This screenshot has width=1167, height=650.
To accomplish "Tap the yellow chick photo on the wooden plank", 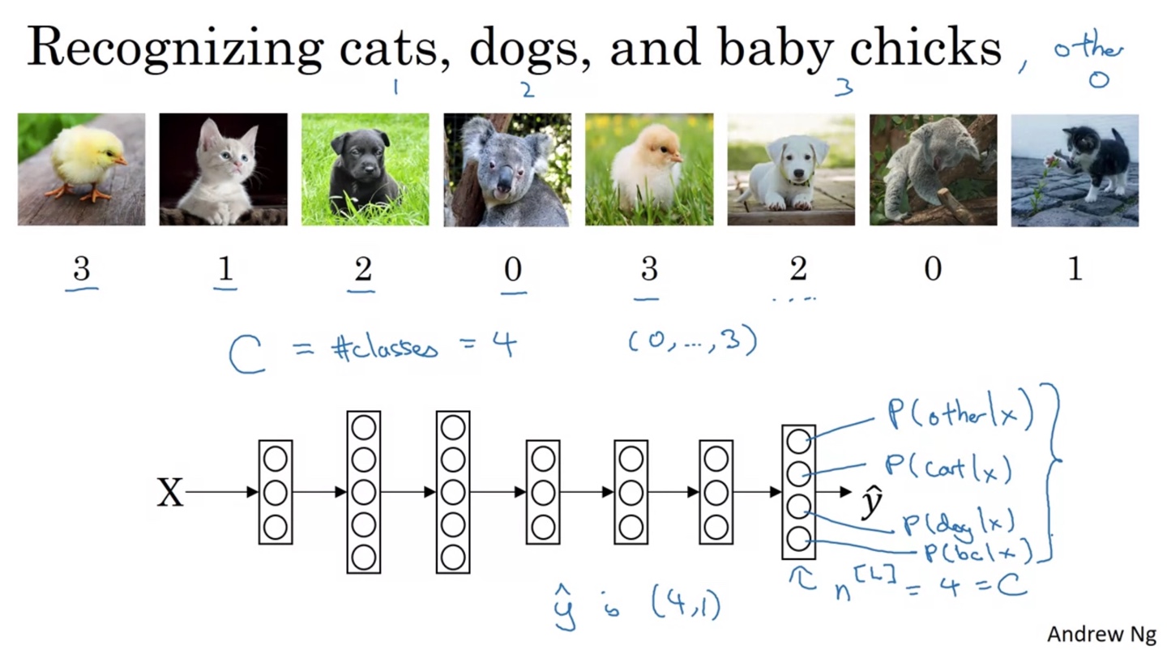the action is (x=82, y=169).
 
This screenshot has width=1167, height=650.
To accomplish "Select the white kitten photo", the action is (x=223, y=169).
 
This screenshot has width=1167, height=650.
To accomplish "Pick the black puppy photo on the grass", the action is (x=365, y=169).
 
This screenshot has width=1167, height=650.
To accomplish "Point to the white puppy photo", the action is (x=791, y=169).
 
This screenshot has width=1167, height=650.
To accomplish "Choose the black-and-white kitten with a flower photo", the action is (x=1075, y=169).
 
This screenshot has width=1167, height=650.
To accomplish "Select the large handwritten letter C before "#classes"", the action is (x=247, y=355).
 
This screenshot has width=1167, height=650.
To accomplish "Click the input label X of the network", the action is (x=170, y=493).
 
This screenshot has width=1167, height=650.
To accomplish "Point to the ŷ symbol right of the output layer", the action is (x=871, y=503).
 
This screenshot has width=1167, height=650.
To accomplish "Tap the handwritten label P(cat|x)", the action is (x=948, y=468).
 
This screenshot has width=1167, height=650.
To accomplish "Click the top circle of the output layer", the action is (x=798, y=441).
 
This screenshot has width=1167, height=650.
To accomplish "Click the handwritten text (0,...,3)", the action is (x=692, y=342).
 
